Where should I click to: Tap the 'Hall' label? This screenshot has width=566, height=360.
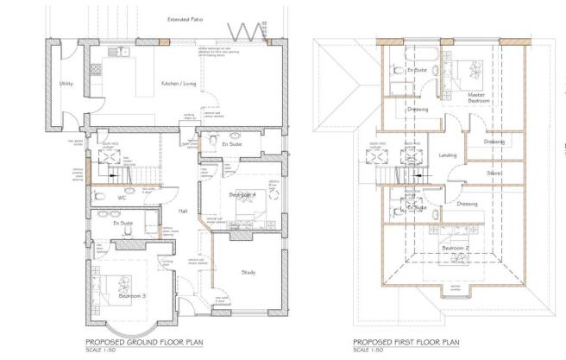pos(183,211)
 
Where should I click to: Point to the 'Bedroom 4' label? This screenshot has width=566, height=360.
pos(241,198)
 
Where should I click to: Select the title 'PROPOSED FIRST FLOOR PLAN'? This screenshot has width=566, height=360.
pos(396,342)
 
